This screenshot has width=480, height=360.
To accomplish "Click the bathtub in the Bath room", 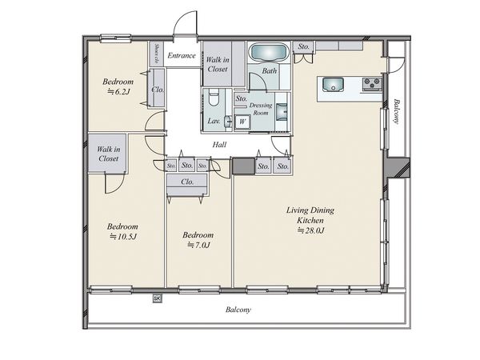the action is (270, 52).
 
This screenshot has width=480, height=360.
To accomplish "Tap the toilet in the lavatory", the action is (213, 97).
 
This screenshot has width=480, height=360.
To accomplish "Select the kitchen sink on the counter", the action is (334, 85).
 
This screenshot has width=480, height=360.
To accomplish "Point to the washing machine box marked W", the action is (242, 122).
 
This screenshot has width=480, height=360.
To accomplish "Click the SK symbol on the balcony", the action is (157, 298).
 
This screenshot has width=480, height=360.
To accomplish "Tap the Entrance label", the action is (182, 55).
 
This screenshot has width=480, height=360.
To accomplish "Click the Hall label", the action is (219, 145).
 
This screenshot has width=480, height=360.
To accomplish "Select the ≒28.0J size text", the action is (310, 230).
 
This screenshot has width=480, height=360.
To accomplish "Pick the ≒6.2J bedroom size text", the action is (119, 91).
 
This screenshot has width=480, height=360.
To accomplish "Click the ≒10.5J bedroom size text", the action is (123, 236).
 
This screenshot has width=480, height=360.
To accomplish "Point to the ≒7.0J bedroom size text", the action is (198, 245).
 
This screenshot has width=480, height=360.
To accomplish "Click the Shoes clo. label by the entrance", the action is (157, 54).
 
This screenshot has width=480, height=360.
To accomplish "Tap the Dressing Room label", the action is (261, 109).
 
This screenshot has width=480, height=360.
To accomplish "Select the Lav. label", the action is (214, 121).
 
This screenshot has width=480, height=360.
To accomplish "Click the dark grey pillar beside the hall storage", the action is (244, 166).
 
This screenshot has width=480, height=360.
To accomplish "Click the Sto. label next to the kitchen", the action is (304, 46).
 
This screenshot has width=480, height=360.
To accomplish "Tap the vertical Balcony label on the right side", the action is (397, 111).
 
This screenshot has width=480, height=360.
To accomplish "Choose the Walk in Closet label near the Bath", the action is (218, 64).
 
